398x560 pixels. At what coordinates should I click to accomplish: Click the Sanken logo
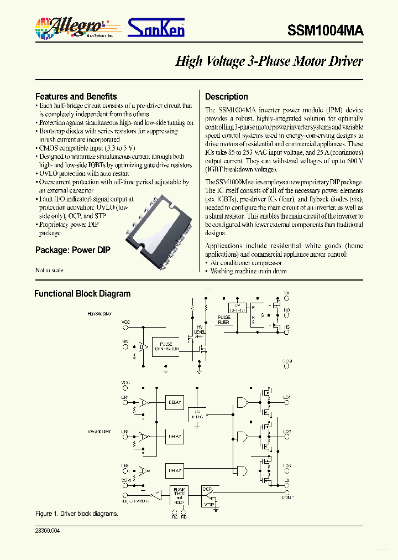pyautogui.click(x=156, y=27)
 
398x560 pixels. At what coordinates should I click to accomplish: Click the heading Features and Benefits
pyautogui.click(x=76, y=96)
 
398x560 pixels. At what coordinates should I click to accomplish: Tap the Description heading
pyautogui.click(x=226, y=96)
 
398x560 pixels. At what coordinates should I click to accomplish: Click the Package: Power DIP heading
pyautogui.click(x=72, y=250)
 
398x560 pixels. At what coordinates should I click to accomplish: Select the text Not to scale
pyautogui.click(x=49, y=270)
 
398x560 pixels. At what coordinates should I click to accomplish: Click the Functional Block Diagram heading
pyautogui.click(x=82, y=294)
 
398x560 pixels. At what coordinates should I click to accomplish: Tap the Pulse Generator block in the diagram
pyautogui.click(x=166, y=347)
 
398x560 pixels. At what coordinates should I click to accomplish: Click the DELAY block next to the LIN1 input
pyautogui.click(x=174, y=403)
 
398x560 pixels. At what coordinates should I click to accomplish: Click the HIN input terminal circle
pyautogui.click(x=125, y=348)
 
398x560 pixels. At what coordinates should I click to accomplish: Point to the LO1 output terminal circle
pyautogui.click(x=286, y=403)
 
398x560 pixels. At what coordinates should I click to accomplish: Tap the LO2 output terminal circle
pyautogui.click(x=286, y=437)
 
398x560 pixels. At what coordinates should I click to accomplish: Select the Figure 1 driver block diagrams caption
pyautogui.click(x=76, y=514)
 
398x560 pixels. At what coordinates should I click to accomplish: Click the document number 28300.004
pyautogui.click(x=47, y=531)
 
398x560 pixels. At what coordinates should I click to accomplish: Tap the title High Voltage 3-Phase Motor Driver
pyautogui.click(x=269, y=61)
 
